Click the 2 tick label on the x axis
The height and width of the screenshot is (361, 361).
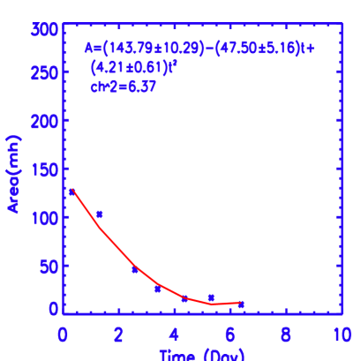click(118, 335)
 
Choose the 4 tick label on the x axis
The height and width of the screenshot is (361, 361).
click(174, 335)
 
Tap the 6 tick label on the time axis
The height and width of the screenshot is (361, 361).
click(229, 335)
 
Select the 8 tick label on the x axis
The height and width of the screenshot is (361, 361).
click(285, 335)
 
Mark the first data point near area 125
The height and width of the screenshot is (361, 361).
click(71, 192)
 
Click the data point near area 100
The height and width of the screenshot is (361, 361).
click(100, 214)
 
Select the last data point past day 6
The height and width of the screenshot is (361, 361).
click(241, 305)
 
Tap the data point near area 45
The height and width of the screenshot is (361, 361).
click(135, 269)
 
